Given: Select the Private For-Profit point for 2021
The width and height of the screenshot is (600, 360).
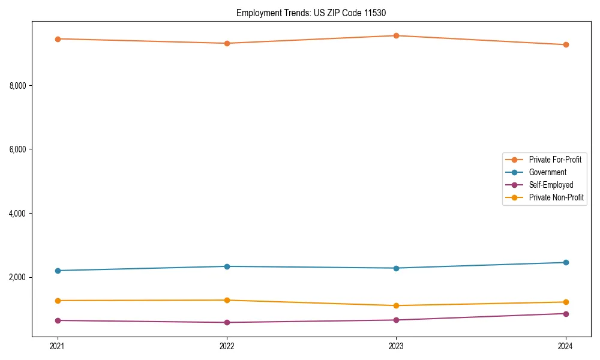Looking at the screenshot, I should (x=58, y=39).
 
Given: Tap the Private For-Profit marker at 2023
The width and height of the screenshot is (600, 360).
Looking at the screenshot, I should (x=397, y=35).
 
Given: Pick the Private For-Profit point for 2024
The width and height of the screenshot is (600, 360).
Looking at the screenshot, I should (x=566, y=45).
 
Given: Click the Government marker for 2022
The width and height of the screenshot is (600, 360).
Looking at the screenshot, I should (x=227, y=266).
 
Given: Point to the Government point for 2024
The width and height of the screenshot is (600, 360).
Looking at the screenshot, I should (x=566, y=262).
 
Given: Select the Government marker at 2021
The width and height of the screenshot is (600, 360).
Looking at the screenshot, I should (x=58, y=271).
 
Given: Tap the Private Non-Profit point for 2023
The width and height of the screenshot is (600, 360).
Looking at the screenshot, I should (x=397, y=305).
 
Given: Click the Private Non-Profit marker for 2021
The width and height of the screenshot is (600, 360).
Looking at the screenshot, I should (x=58, y=301).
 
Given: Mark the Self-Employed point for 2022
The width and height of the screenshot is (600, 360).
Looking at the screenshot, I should (x=227, y=322).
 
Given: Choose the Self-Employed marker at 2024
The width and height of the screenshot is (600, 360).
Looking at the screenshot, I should (x=566, y=314).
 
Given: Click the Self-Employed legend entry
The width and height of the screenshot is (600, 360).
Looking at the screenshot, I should (x=551, y=185).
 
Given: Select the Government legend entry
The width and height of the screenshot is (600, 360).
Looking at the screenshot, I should (x=547, y=172).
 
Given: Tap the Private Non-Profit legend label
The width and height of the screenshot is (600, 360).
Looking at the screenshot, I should (x=556, y=197).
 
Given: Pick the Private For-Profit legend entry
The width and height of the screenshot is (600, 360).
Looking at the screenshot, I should (x=554, y=160).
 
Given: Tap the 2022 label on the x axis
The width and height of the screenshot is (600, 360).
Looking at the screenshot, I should (x=227, y=346).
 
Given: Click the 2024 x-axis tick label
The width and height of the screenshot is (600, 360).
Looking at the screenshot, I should (x=566, y=346).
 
